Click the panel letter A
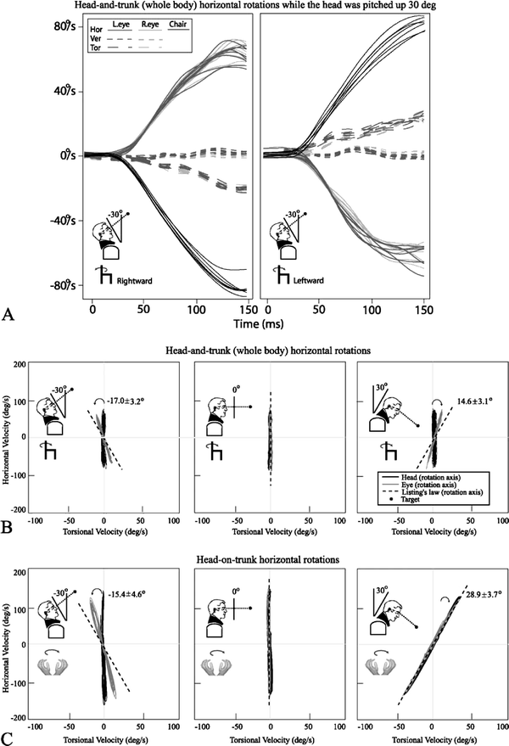11,316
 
